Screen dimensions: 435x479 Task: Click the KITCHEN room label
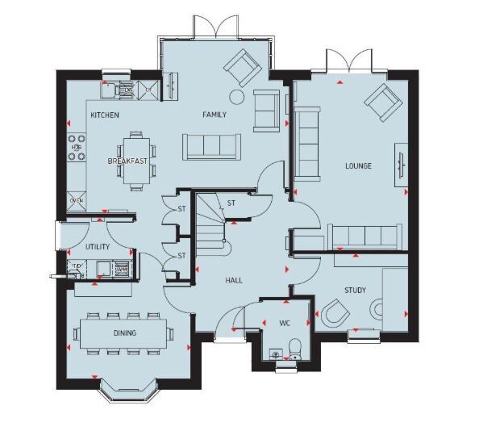105,115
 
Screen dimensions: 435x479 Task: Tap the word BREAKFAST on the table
128,161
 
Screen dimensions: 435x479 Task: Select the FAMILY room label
214,115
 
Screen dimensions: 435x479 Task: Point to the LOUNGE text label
358,166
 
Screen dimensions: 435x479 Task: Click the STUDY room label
356,289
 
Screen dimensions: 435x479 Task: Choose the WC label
284,324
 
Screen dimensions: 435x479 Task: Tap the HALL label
234,280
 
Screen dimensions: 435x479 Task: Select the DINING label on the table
124,333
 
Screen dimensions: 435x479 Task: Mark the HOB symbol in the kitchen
77,148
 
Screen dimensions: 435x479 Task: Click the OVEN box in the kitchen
77,200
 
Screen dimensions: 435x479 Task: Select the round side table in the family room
236,98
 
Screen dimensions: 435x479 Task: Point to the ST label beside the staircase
231,203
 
